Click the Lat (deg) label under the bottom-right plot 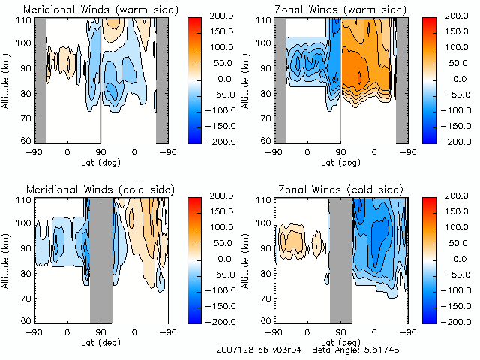(x=340, y=341)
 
